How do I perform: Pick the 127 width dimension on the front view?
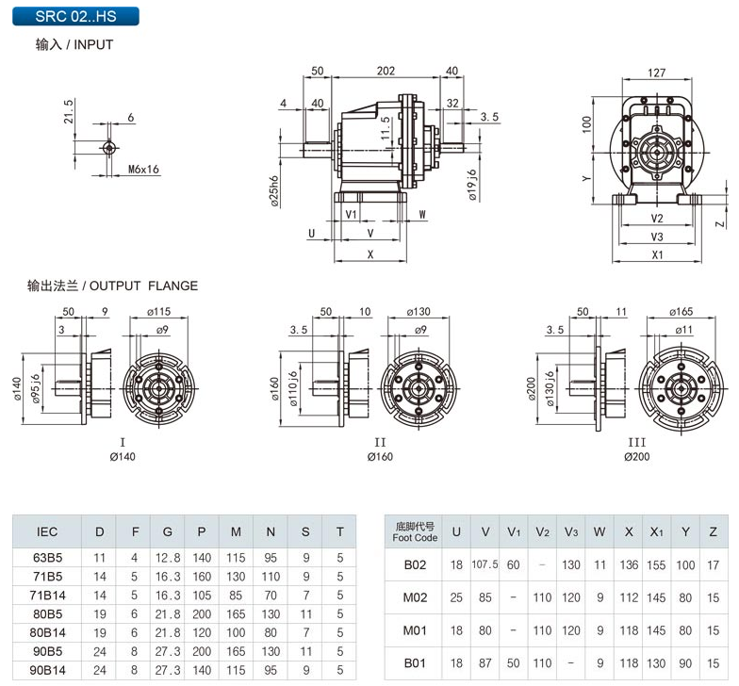click(657, 73)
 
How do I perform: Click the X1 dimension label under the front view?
click(657, 254)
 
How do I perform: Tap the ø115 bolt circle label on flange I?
click(157, 312)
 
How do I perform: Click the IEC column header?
click(47, 531)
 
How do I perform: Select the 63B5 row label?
click(47, 557)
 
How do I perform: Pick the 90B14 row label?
click(47, 670)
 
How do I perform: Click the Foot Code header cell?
click(415, 532)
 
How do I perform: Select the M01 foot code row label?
click(415, 630)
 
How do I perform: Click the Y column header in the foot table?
click(685, 532)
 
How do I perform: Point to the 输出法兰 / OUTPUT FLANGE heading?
click(113, 286)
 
